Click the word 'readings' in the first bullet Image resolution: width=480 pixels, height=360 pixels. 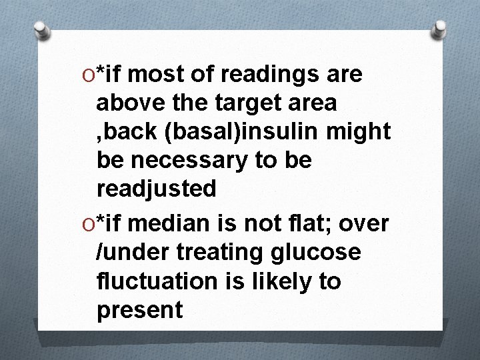(269, 76)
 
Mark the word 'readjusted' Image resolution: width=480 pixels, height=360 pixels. (157, 189)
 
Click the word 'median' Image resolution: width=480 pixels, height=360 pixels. (170, 224)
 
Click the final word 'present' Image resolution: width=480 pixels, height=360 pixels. (139, 310)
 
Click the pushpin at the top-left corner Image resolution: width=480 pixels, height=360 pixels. (42, 29)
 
